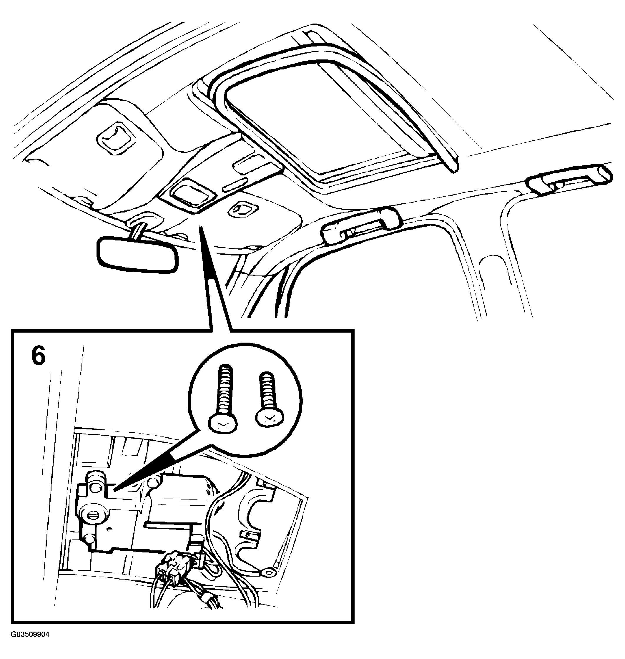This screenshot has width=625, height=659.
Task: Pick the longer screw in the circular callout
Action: pyautogui.click(x=224, y=399)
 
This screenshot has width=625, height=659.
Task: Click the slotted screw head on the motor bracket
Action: pyautogui.click(x=94, y=517)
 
